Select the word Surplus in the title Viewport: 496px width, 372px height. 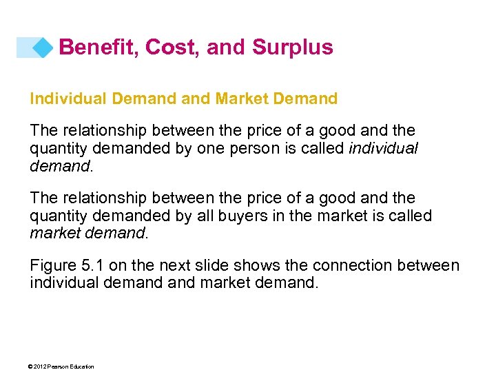pos(292,47)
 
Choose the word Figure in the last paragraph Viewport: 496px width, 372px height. pos(52,265)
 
